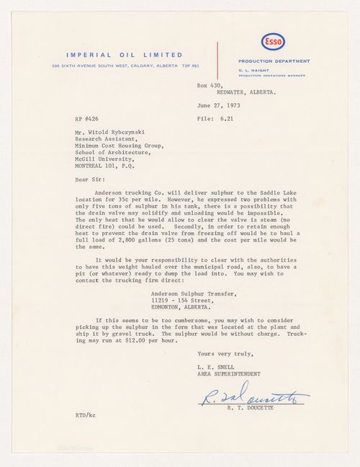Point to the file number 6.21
point(247,116)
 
